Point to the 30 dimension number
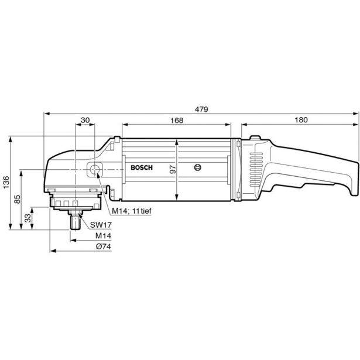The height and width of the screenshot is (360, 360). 85,120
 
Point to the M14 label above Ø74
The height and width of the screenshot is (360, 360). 103,235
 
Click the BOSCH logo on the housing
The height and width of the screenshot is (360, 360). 141,168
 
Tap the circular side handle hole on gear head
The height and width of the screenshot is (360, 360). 94,170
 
